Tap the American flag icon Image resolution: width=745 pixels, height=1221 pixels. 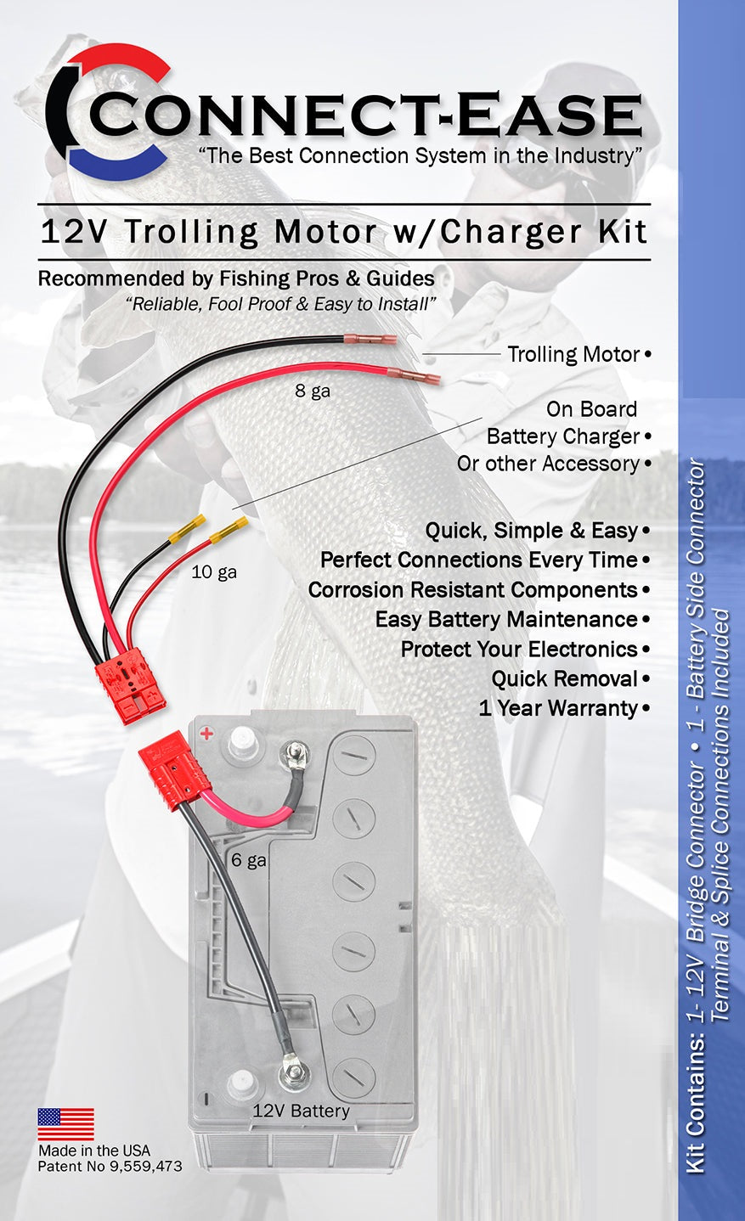tap(65, 1124)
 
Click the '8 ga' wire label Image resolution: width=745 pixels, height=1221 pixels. tap(313, 391)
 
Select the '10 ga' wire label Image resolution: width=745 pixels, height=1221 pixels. tap(214, 572)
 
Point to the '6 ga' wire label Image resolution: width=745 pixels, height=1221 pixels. tap(249, 860)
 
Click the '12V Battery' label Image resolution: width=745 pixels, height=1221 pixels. tap(301, 1111)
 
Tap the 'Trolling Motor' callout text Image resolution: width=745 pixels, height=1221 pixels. tap(573, 354)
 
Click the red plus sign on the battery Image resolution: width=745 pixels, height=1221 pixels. tap(206, 733)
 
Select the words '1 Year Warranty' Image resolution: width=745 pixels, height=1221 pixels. tap(558, 708)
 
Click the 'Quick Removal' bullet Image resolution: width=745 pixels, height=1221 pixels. tap(564, 678)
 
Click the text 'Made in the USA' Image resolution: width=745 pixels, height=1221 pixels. tap(93, 1151)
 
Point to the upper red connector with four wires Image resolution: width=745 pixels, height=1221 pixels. tap(131, 685)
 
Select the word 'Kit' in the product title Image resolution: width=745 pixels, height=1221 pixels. tap(623, 232)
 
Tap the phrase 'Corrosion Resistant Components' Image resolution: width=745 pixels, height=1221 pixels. tap(472, 589)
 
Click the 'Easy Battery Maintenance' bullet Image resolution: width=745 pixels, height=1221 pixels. tap(506, 619)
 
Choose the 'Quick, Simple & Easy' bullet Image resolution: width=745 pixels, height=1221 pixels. tap(531, 531)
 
